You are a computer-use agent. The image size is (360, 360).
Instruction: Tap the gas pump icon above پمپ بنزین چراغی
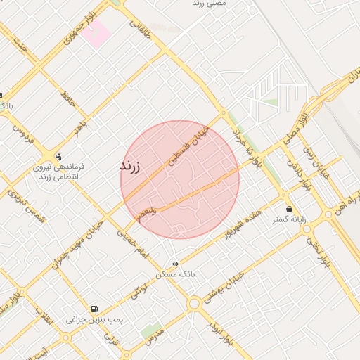(94, 309)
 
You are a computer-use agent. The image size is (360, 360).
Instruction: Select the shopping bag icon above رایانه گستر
(290, 210)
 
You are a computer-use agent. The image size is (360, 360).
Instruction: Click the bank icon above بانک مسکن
(175, 264)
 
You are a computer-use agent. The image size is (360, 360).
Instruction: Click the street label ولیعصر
(148, 213)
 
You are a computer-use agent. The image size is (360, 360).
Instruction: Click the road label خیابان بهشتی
(222, 289)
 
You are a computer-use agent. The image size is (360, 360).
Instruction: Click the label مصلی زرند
(210, 4)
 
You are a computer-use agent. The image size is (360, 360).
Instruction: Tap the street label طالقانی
(140, 28)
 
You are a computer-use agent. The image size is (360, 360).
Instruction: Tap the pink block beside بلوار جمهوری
(96, 32)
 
